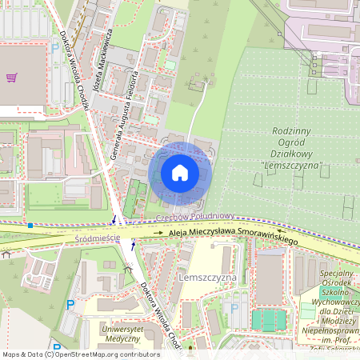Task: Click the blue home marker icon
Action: (x=179, y=172)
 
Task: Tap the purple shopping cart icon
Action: (x=11, y=78)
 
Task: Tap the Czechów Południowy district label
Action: (x=194, y=216)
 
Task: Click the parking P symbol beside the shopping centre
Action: (x=54, y=48)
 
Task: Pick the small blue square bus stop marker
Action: (x=30, y=226)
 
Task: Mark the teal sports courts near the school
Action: (x=268, y=320)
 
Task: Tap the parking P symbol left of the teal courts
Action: (x=234, y=308)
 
